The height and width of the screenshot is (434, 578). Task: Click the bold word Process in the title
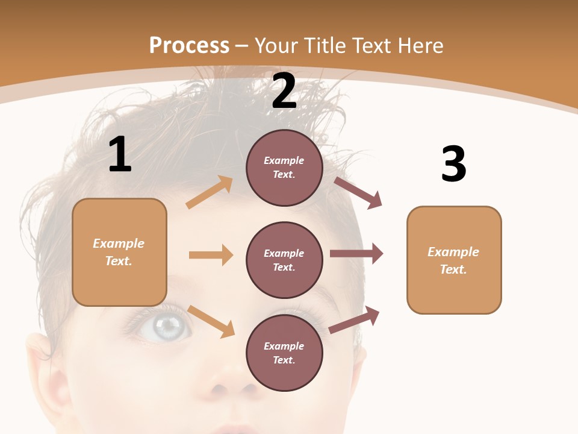189,45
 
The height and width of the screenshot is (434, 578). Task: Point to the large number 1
120,155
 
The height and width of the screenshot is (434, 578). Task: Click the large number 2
284,91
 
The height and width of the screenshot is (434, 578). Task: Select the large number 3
453,165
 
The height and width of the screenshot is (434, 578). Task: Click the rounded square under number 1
119,252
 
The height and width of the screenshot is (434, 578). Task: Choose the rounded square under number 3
454,260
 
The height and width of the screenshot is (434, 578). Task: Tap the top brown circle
284,168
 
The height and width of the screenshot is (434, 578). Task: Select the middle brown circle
284,260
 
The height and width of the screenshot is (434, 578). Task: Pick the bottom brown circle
284,353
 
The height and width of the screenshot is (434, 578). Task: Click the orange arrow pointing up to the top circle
210,192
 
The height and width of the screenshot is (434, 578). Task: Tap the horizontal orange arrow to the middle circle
211,255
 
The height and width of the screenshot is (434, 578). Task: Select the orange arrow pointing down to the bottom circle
211,321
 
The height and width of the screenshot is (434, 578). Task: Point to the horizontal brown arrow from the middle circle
356,254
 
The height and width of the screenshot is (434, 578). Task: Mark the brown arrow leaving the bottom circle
355,319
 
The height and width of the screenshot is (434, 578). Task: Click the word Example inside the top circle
284,160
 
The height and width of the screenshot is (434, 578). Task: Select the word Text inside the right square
453,269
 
